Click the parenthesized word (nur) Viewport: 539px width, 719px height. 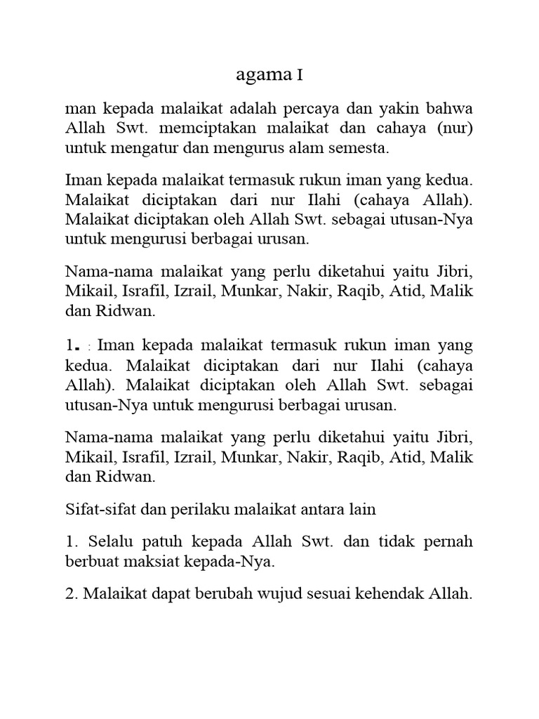453,129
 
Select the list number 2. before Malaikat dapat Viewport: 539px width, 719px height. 71,594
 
